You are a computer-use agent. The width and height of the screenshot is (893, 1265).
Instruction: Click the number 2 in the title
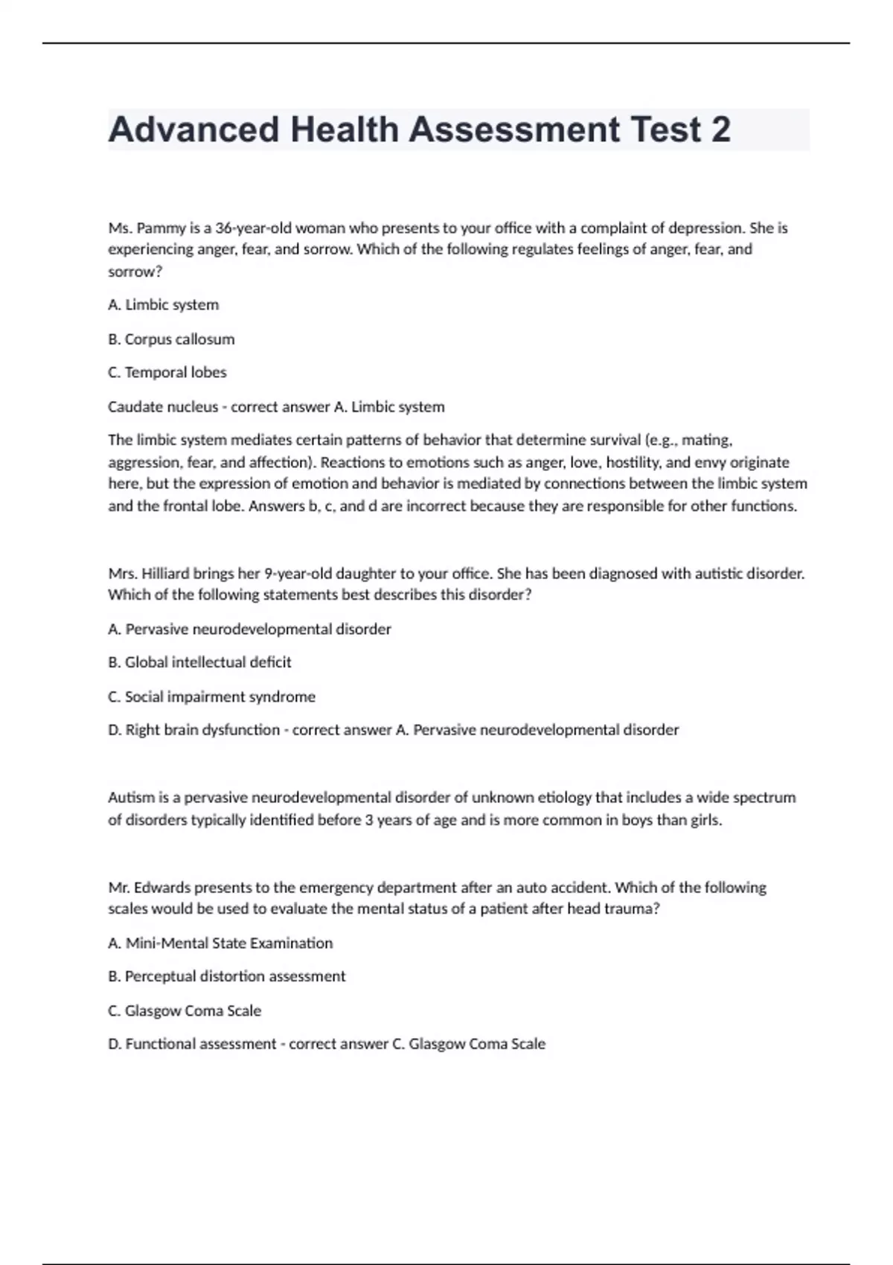click(720, 129)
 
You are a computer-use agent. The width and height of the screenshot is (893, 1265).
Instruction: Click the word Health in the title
click(345, 129)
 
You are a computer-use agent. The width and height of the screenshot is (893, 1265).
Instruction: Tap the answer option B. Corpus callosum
click(171, 339)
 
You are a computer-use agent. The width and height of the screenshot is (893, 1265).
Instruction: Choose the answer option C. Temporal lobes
click(167, 372)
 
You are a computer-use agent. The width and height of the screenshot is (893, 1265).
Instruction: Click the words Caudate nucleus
click(163, 406)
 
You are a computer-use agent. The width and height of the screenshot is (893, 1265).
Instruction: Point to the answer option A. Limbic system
click(164, 304)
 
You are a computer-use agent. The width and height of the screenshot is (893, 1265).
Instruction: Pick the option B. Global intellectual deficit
click(199, 662)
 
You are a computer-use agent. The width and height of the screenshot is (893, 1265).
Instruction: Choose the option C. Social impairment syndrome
click(211, 696)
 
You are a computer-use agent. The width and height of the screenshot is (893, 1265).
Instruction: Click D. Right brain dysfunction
click(193, 729)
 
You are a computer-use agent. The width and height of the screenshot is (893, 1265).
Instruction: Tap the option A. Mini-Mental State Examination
click(220, 943)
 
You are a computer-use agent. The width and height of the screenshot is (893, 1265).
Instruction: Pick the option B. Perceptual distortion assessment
click(227, 976)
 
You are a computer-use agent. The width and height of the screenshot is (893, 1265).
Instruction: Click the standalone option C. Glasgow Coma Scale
click(185, 1011)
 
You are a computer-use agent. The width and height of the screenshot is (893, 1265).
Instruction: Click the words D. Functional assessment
click(192, 1043)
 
